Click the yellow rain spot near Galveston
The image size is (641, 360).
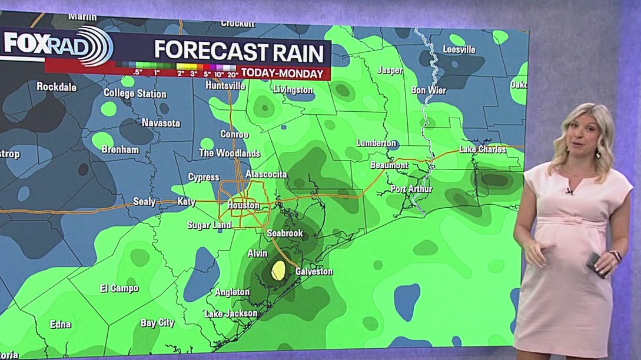point(278,270)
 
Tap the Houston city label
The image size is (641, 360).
point(243,205)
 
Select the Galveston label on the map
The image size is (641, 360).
point(314,271)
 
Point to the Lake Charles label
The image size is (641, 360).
point(482,149)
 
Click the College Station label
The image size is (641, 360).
point(135,93)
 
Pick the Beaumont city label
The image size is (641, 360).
point(389,165)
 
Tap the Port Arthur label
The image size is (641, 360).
point(411,189)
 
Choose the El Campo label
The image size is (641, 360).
point(119,288)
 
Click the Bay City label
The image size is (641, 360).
point(157,323)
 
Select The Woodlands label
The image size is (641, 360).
point(229,153)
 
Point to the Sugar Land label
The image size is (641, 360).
point(209,225)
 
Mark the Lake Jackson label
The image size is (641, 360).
point(231,314)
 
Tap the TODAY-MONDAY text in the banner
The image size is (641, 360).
point(283,74)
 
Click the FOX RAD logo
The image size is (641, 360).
point(56,45)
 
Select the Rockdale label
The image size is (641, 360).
point(57,86)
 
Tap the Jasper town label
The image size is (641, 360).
point(390,70)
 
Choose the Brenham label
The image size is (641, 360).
point(120,149)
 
